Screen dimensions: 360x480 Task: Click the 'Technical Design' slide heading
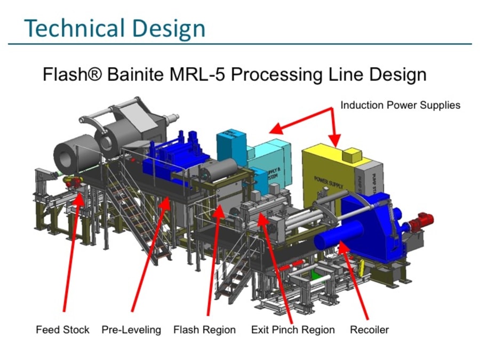coord(115,27)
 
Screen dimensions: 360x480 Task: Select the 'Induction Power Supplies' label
coord(400,105)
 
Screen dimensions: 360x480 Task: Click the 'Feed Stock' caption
coord(62,330)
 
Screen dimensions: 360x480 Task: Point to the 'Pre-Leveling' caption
coord(131,330)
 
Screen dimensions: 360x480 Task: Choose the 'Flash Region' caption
coord(204,330)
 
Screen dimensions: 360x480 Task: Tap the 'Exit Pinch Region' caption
coord(293,330)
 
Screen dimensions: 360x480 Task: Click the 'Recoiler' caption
coord(369,330)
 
